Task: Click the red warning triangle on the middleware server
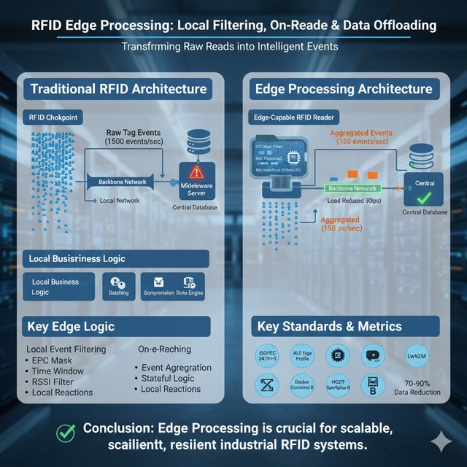click(196, 172)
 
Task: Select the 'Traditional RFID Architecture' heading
click(118, 90)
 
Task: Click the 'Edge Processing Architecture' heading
click(342, 89)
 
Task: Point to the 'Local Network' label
click(120, 200)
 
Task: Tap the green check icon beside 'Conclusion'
click(67, 433)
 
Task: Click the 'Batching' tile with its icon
click(117, 285)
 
